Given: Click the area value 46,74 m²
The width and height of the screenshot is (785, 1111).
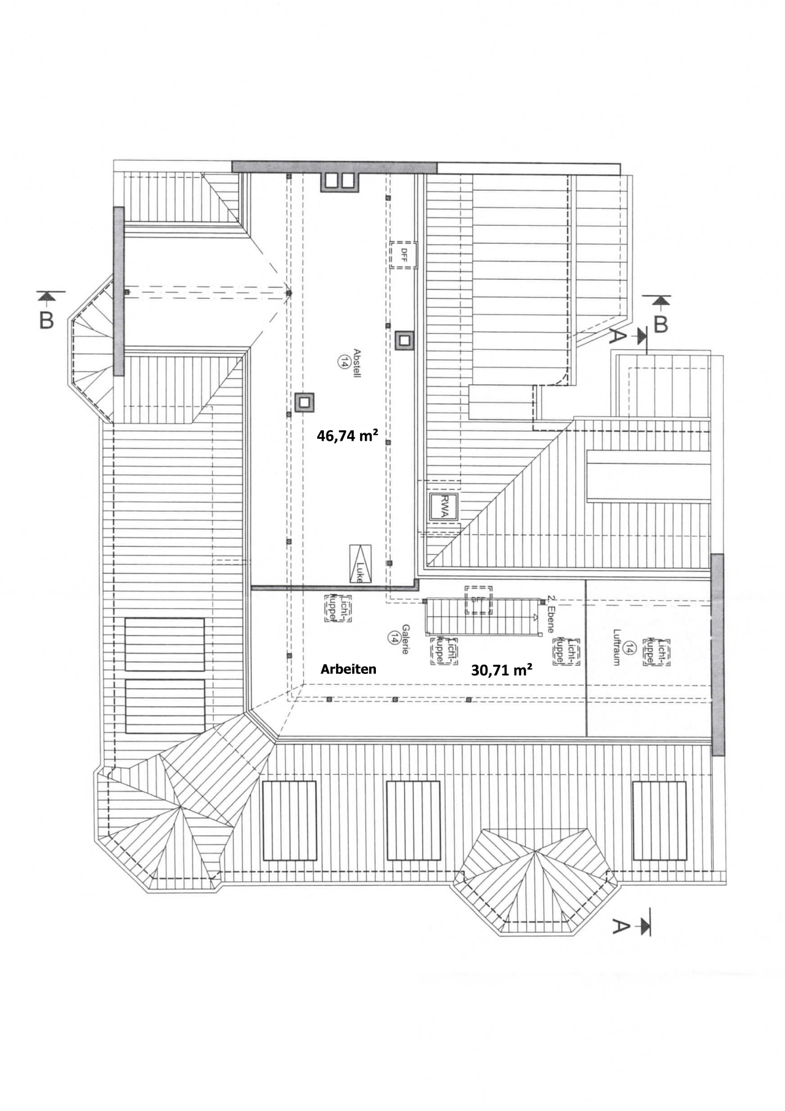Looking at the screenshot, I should click(x=347, y=436).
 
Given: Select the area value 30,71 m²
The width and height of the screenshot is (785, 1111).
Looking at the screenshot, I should click(x=501, y=670).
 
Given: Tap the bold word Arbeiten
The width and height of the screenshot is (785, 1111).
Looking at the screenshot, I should click(x=348, y=669).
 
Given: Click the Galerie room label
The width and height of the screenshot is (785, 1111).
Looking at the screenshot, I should click(x=405, y=639).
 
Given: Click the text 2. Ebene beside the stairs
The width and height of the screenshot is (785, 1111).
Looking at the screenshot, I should click(x=550, y=614).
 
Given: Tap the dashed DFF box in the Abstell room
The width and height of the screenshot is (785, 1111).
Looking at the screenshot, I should click(x=404, y=254).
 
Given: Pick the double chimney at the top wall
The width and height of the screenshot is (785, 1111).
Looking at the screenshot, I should click(x=339, y=181).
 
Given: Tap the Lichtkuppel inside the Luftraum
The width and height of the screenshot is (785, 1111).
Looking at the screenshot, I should click(x=656, y=652).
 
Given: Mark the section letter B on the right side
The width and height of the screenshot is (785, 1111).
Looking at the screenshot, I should click(x=661, y=323).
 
